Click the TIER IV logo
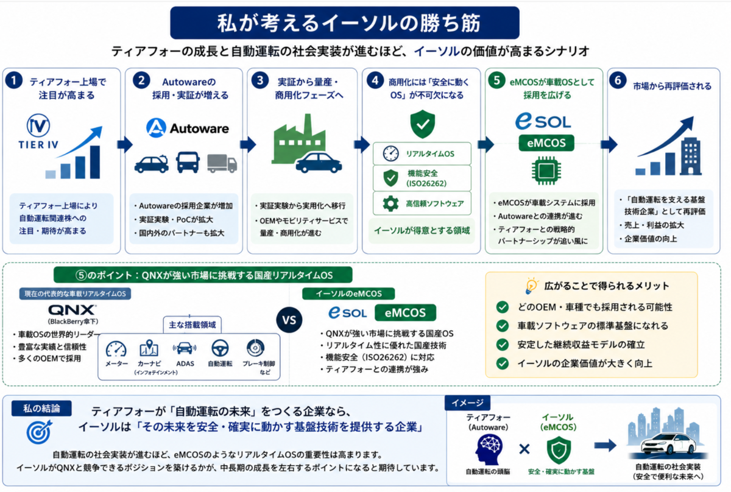click(x=38, y=131)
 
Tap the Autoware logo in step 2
click(x=188, y=128)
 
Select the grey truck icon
click(x=222, y=163)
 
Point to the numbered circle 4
click(x=375, y=80)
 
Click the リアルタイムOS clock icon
click(x=390, y=153)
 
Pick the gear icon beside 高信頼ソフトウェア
click(x=390, y=203)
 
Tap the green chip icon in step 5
click(x=546, y=170)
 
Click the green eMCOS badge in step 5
click(x=546, y=143)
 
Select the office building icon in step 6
click(x=691, y=156)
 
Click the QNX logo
click(x=72, y=309)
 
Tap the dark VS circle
click(x=289, y=320)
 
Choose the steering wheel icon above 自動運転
click(x=220, y=348)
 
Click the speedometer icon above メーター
click(x=116, y=349)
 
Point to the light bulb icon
click(x=531, y=286)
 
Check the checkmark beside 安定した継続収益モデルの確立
click(x=502, y=345)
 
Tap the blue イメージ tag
click(x=467, y=403)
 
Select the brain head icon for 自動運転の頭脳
click(x=489, y=450)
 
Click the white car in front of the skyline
click(x=668, y=443)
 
